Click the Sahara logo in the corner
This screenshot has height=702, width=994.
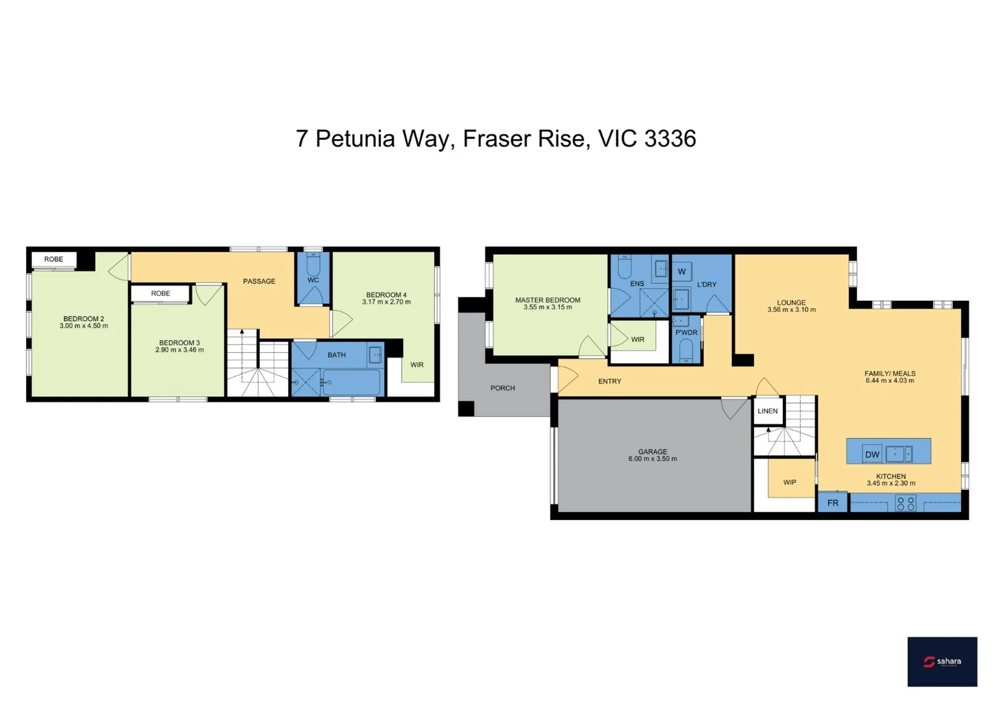pyautogui.click(x=941, y=661)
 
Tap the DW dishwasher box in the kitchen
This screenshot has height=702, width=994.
pyautogui.click(x=872, y=454)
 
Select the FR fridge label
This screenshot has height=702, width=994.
pyautogui.click(x=832, y=503)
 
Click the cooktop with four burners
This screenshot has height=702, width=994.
pyautogui.click(x=906, y=503)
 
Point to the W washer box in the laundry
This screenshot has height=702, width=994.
pyautogui.click(x=681, y=272)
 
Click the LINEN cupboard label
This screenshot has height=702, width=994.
pyautogui.click(x=767, y=411)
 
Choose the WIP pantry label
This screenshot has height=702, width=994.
pyautogui.click(x=789, y=482)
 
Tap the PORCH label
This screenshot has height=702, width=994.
pyautogui.click(x=503, y=388)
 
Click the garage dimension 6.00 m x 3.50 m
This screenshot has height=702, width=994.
pyautogui.click(x=652, y=459)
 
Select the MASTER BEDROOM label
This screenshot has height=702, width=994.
pyautogui.click(x=547, y=300)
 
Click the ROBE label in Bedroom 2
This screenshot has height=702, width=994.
pyautogui.click(x=54, y=259)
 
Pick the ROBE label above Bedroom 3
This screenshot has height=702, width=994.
pyautogui.click(x=161, y=294)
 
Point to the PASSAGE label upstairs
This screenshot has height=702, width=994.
pyautogui.click(x=259, y=281)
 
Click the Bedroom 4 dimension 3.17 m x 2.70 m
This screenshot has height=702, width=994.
pyautogui.click(x=386, y=302)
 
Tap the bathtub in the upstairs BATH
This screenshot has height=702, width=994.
pyautogui.click(x=351, y=382)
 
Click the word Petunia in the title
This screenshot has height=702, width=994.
pyautogui.click(x=355, y=138)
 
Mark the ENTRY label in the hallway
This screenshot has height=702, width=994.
pyautogui.click(x=609, y=382)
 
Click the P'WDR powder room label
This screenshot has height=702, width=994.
pyautogui.click(x=686, y=333)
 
